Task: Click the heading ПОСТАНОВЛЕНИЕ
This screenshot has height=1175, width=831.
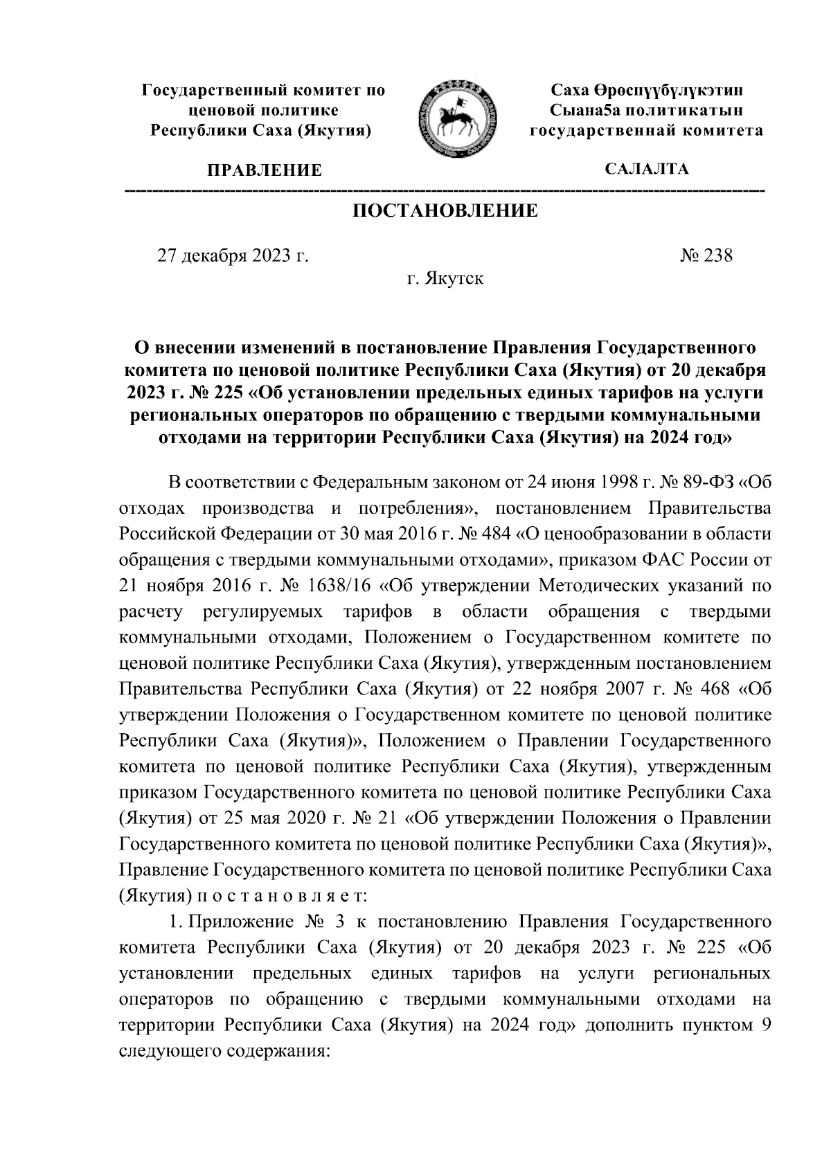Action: pyautogui.click(x=445, y=211)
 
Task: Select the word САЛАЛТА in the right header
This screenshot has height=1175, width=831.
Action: pyautogui.click(x=647, y=169)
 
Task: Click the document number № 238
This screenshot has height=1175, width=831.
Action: pyautogui.click(x=706, y=255)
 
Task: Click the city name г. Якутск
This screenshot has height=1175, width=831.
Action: pyautogui.click(x=445, y=279)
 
